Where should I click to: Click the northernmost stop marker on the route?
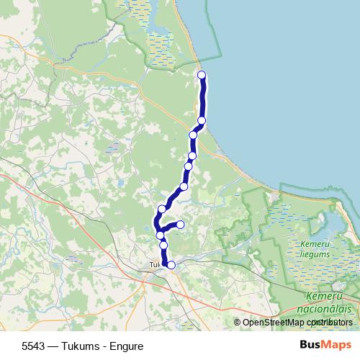pyautogui.click(x=202, y=75)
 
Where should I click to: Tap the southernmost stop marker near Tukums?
pyautogui.click(x=171, y=265)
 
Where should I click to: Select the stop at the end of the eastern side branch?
pyautogui.click(x=180, y=225)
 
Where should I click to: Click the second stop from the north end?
pyautogui.click(x=202, y=120)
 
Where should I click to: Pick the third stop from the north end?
pyautogui.click(x=193, y=135)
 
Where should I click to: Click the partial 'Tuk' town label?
pyautogui.click(x=154, y=264)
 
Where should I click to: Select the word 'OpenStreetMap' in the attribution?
pyautogui.click(x=273, y=323)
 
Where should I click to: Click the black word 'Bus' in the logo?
pyautogui.click(x=310, y=346)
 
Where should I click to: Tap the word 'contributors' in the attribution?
pyautogui.click(x=330, y=323)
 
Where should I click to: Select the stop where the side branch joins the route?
pyautogui.click(x=160, y=235)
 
